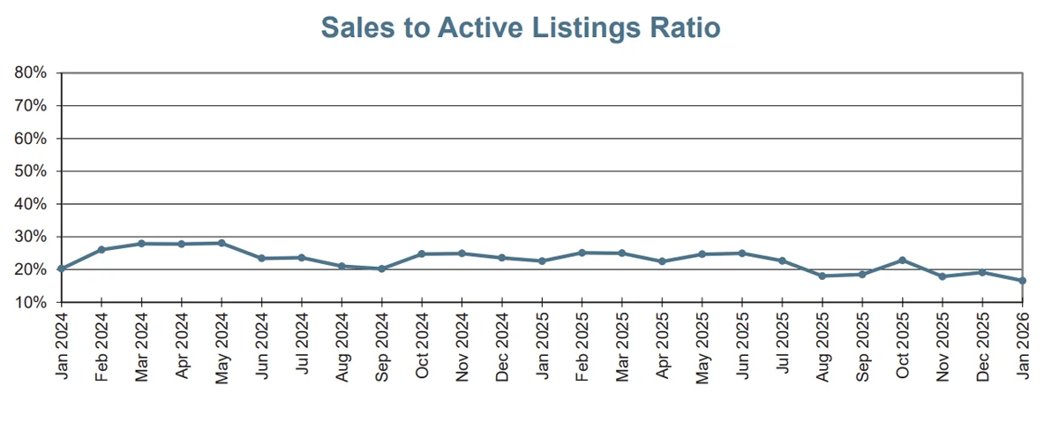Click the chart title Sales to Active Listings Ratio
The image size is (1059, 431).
pos(521,27)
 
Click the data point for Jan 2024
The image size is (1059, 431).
pos(61,268)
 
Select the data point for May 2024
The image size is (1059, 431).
pos(222,243)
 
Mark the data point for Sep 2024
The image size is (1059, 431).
pos(381,268)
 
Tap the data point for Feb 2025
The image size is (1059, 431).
pos(582,253)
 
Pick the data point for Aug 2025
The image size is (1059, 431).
pos(822,276)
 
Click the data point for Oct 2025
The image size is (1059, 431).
pos(902,261)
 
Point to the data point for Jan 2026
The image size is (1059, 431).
pos(1022,281)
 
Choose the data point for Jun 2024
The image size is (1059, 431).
pos(261,258)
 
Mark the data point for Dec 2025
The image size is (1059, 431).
pos(982,272)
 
